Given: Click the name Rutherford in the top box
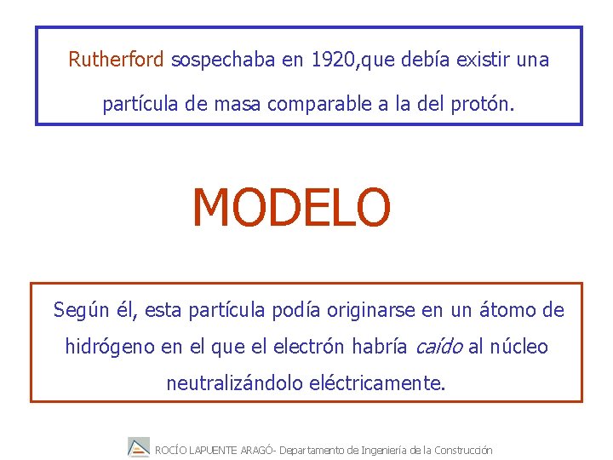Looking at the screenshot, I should [x=117, y=60].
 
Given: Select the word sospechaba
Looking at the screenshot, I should [x=225, y=60].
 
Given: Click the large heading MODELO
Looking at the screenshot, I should [x=291, y=209].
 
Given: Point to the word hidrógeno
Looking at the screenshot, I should [x=111, y=347].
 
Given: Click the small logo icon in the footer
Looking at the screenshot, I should [x=139, y=447].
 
